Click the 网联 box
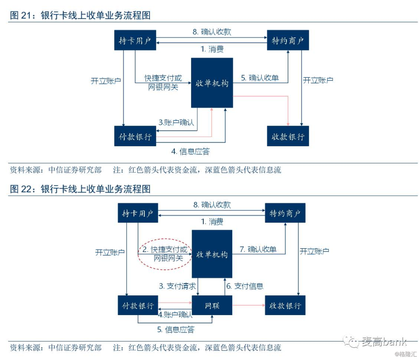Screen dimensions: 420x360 click(x=212, y=305)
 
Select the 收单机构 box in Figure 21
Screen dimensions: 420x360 click(x=212, y=83)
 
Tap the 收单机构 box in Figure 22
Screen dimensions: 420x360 click(x=212, y=254)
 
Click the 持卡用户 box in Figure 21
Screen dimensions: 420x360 click(x=135, y=40)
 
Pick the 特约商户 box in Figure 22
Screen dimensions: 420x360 click(x=285, y=213)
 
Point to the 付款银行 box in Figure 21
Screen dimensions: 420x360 click(x=135, y=136)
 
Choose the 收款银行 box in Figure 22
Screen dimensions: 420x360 click(x=285, y=305)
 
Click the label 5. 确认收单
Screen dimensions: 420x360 click(x=260, y=78)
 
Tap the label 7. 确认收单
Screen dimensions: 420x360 click(x=258, y=250)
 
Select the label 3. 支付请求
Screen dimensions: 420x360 click(x=177, y=286)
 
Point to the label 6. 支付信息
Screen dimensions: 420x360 click(x=245, y=286)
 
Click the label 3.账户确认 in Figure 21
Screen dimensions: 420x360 click(x=176, y=122)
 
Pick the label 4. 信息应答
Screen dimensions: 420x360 click(x=190, y=152)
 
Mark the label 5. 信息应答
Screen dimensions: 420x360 click(x=176, y=329)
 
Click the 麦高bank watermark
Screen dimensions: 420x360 click(x=375, y=342)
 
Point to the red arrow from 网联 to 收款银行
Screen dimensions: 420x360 click(x=249, y=305)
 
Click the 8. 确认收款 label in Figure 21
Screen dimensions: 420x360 click(x=212, y=32)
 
